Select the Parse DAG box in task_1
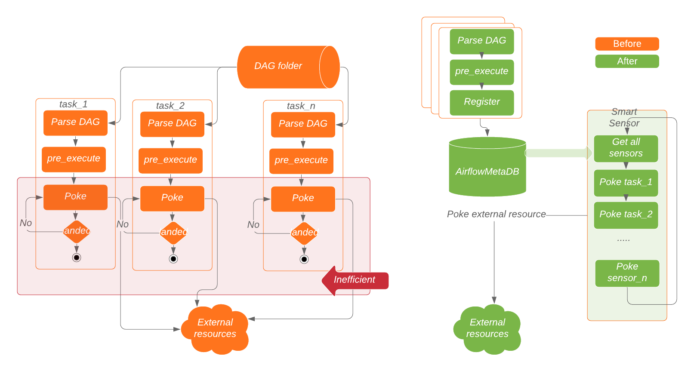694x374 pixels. click(x=75, y=123)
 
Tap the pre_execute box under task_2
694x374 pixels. click(x=170, y=160)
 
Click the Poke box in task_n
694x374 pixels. click(x=303, y=199)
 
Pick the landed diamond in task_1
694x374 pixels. click(x=77, y=231)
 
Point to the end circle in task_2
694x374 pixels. click(x=173, y=259)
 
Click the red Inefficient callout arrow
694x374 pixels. click(x=355, y=280)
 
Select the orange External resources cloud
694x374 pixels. click(x=215, y=329)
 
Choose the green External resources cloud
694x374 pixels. click(x=487, y=329)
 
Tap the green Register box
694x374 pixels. click(x=481, y=102)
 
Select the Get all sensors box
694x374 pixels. click(x=626, y=148)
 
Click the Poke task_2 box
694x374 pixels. click(x=626, y=215)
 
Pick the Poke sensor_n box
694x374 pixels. click(x=627, y=273)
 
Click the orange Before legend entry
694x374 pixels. click(x=627, y=44)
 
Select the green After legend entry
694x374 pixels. click(x=627, y=61)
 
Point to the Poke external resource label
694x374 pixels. click(x=496, y=215)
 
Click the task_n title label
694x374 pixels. click(x=301, y=106)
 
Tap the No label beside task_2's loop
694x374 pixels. click(x=123, y=224)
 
